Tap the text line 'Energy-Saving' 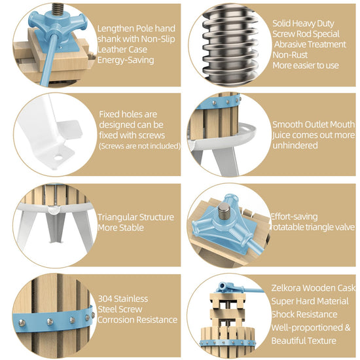(x=126, y=60)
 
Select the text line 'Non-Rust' (x=290, y=55)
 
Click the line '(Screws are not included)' (x=140, y=146)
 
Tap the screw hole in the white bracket (x=58, y=158)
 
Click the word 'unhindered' (x=295, y=145)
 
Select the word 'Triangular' (x=117, y=217)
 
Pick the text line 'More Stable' (x=121, y=228)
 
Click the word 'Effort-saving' (x=295, y=217)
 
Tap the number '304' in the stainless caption (x=105, y=298)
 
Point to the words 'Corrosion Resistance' (x=137, y=320)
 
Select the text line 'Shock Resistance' (x=304, y=314)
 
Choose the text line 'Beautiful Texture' (x=304, y=341)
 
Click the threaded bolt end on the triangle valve (x=223, y=210)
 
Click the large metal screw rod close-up (x=230, y=45)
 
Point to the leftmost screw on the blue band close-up (x=22, y=323)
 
